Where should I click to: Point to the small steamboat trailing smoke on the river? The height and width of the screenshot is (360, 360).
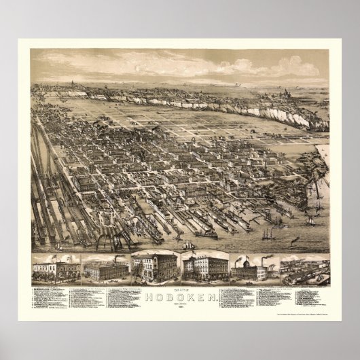click(294, 240)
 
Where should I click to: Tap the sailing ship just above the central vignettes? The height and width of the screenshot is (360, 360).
click(187, 245)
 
